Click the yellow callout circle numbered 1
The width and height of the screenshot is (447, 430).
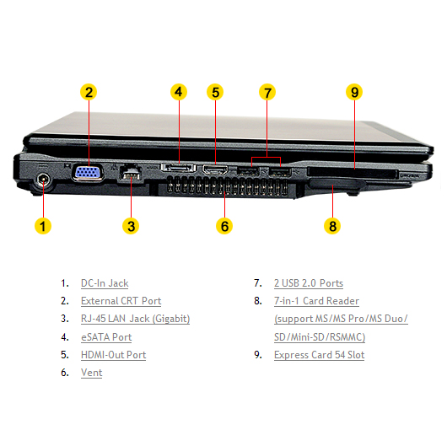43,226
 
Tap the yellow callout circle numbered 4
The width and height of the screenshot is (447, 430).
179,92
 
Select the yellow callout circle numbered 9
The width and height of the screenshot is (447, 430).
354,92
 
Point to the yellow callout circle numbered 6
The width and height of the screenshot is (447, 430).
224,226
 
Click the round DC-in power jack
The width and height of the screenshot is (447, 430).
43,180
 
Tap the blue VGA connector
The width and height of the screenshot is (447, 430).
89,173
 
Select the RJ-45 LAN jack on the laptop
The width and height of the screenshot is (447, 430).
131,173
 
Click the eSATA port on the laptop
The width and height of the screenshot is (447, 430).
179,167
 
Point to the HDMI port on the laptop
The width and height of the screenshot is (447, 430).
215,170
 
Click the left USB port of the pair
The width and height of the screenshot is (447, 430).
248,171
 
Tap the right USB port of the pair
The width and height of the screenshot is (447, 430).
281,171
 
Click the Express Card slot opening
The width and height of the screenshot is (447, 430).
353,173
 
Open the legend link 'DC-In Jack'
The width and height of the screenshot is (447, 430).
105,283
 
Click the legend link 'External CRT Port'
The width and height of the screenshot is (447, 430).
121,301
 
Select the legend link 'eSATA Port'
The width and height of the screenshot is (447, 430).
106,337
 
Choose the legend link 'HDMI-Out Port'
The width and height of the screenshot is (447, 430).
114,355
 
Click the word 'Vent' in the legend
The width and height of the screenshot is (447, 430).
92,373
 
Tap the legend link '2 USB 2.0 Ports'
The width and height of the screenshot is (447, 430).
309,283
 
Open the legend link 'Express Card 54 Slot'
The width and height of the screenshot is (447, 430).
320,355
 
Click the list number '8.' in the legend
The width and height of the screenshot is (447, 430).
258,301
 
